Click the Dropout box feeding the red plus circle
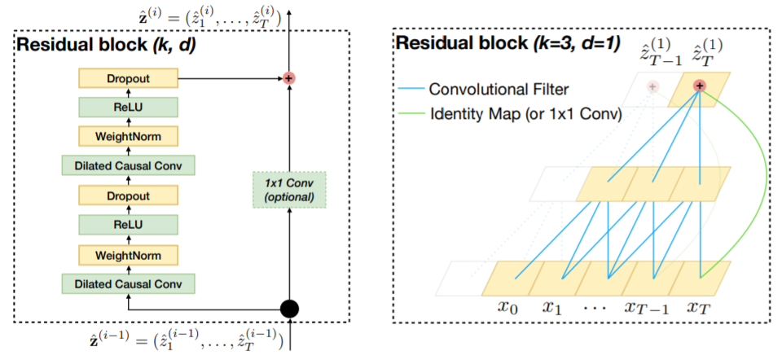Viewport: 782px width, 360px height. [x=128, y=78]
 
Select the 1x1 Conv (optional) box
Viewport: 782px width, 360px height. [x=288, y=190]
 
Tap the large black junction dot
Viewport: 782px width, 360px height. [x=289, y=310]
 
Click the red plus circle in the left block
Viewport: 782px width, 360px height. [x=288, y=78]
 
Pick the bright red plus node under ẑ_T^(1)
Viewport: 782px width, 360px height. [x=700, y=86]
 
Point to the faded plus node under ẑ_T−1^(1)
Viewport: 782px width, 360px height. [x=652, y=86]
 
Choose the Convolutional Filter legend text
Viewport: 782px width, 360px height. [x=499, y=90]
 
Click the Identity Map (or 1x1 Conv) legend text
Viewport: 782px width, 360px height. [x=525, y=115]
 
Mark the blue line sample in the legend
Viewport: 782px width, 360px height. [x=411, y=90]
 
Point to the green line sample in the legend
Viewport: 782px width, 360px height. [x=411, y=115]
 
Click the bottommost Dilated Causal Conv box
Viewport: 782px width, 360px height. [x=128, y=283]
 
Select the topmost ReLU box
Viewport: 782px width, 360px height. [x=128, y=107]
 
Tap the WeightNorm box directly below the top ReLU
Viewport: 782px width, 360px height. [x=128, y=135]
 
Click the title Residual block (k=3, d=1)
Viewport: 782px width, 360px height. [x=507, y=44]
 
